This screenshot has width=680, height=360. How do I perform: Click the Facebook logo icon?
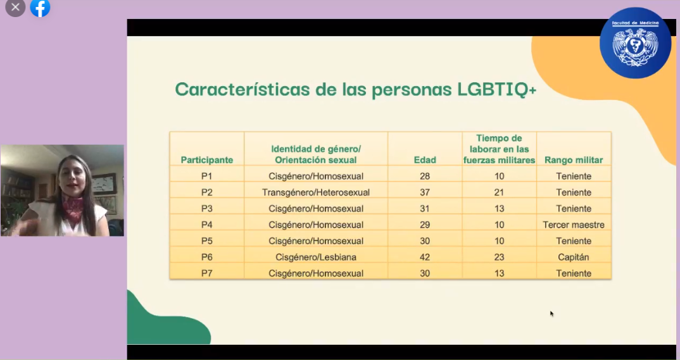40,8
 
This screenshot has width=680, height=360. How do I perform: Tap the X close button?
15,8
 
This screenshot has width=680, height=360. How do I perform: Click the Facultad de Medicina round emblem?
635,43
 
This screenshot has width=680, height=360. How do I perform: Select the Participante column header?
207,160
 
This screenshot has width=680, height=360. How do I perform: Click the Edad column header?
425,160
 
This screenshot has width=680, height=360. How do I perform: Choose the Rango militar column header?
574,160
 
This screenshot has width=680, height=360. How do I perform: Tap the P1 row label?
207,176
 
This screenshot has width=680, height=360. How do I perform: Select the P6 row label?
207,257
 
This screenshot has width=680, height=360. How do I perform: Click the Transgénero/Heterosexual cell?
316,192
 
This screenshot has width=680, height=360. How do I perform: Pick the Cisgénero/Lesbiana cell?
316,257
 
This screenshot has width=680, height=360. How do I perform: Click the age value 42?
425,257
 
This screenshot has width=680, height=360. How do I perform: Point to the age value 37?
425,192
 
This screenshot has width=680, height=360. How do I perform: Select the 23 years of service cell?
499,257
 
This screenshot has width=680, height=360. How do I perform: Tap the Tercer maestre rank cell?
574,225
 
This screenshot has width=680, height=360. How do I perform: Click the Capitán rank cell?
574,257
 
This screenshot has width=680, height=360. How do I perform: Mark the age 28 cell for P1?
425,176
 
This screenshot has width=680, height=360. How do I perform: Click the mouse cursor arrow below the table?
551,313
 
